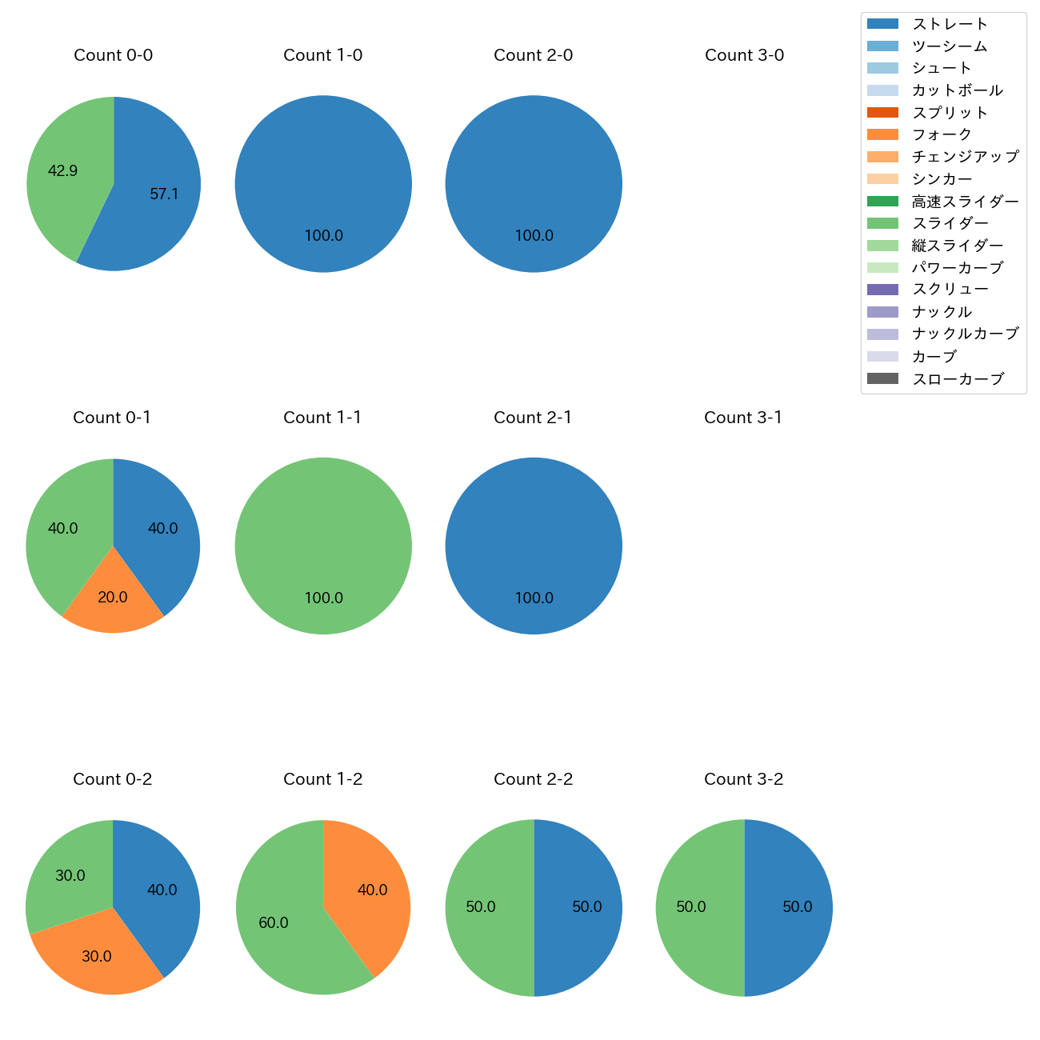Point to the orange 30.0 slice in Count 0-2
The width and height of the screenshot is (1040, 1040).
coord(96,956)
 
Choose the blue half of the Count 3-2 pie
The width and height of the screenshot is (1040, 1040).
coord(792,907)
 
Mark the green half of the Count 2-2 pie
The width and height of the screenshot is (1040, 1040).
coord(484,907)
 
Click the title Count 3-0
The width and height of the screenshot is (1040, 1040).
coord(744,55)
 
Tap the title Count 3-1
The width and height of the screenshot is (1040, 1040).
coord(743,418)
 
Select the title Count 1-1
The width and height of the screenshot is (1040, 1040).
coord(322,418)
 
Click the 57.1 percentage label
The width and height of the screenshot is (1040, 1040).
coord(164,194)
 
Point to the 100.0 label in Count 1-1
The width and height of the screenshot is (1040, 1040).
coord(323,598)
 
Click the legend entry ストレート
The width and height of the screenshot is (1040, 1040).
coord(950,24)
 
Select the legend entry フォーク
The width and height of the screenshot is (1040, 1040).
coord(942,134)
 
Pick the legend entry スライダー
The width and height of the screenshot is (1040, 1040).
coord(950,223)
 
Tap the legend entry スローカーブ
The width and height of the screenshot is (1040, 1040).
coord(958,378)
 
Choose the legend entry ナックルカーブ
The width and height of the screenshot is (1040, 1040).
coord(965,334)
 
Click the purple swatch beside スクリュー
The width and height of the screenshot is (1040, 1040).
coord(882,290)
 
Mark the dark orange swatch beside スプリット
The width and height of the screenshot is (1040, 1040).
coord(882,113)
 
